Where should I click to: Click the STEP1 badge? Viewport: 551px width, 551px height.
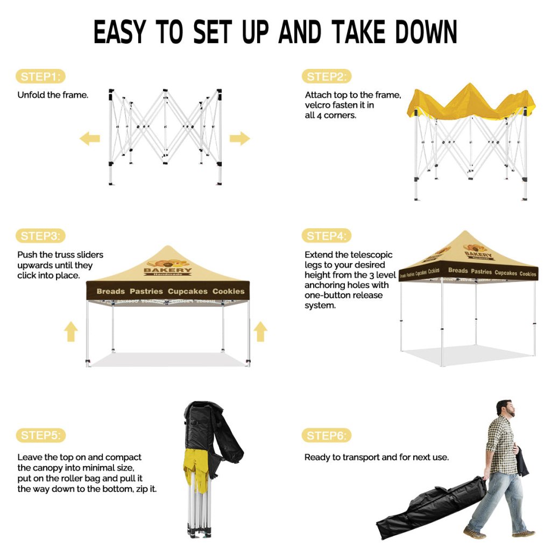point(41,76)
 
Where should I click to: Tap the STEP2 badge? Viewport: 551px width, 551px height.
point(327,76)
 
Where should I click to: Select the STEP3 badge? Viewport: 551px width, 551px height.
point(41,236)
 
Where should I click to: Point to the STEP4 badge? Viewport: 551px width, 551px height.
point(327,236)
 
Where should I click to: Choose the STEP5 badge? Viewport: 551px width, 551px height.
point(41,435)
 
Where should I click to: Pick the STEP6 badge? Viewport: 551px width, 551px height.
point(327,436)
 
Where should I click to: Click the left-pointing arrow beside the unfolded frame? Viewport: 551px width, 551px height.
point(90,138)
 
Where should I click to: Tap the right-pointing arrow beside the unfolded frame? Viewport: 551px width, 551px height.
point(239,138)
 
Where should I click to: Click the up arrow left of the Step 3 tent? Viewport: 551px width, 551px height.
point(71,331)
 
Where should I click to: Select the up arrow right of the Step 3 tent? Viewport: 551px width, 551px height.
point(260,331)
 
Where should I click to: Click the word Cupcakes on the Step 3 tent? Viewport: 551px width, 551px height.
point(188,291)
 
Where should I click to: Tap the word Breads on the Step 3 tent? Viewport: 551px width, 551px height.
point(111,291)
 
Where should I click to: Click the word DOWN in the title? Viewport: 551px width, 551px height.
point(426,32)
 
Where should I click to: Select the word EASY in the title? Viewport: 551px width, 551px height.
point(120,32)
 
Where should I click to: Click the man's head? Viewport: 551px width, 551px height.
point(506,408)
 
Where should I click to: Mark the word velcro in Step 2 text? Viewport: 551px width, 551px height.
point(317,105)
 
